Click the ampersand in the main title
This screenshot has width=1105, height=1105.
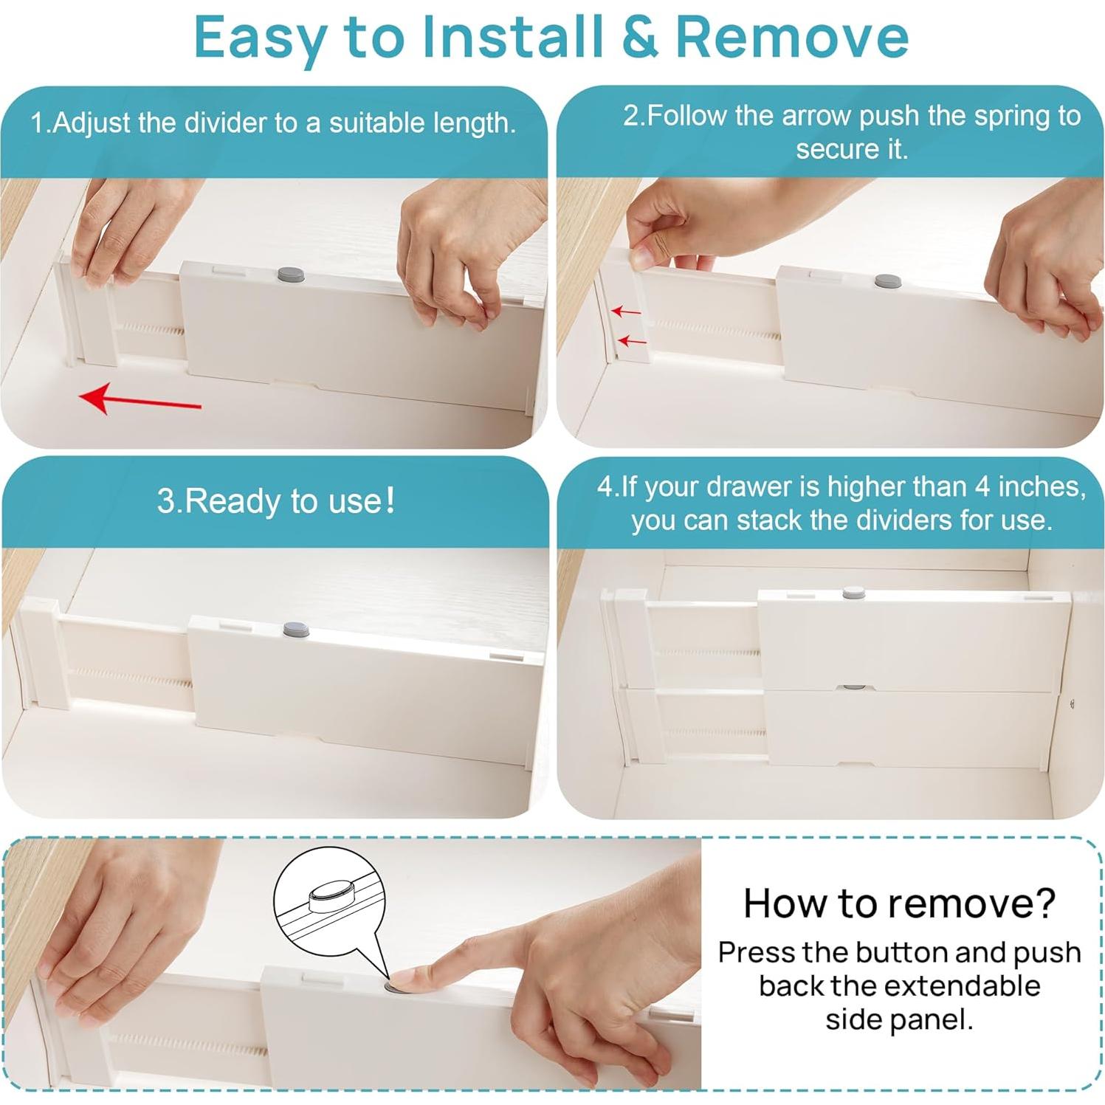pos(640,37)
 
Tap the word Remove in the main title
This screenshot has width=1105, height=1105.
pos(791,37)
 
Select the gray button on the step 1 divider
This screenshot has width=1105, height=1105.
pos(291,275)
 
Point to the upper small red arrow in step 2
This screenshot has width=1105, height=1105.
pos(625,311)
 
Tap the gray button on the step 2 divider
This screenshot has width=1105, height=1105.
pos(887,280)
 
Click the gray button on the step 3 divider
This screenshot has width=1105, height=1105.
pos(297,630)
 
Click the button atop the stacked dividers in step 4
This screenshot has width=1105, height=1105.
pos(854,592)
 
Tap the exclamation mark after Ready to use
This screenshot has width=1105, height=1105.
pos(390,500)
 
